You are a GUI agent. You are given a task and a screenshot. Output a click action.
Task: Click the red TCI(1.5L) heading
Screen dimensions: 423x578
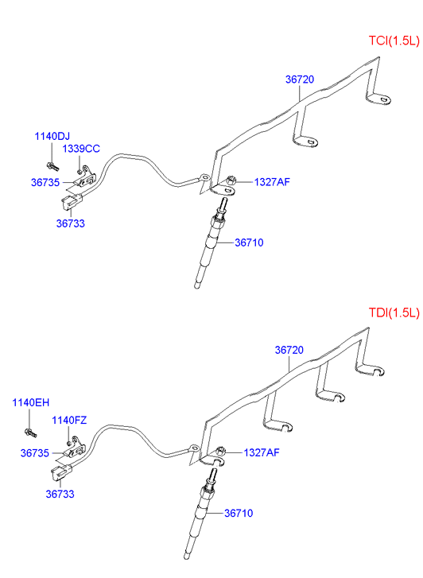pos(394,41)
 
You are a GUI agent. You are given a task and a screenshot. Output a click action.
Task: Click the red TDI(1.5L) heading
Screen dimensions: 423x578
pos(394,312)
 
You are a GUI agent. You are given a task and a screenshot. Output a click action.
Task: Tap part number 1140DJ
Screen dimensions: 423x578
pos(52,137)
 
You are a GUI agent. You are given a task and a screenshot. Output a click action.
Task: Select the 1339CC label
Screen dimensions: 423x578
pos(81,149)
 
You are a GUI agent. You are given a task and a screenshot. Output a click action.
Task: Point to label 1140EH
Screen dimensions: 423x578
pos(30,402)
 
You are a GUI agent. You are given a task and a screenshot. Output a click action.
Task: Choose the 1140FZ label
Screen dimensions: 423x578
pos(69,421)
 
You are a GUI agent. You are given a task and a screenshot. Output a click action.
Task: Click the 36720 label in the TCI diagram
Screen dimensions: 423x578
pos(300,80)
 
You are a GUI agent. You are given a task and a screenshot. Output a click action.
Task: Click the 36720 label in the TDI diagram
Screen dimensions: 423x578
pos(289,350)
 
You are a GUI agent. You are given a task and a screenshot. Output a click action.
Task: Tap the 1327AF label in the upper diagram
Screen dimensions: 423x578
pos(272,182)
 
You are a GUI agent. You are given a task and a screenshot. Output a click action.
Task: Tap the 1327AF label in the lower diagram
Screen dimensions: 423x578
pos(262,452)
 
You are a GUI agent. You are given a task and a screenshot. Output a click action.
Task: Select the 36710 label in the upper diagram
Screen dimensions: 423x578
pos(250,242)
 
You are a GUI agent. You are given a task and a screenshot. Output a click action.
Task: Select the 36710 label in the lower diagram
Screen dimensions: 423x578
pos(239,513)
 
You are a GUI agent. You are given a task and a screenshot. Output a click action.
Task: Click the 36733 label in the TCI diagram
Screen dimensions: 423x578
pos(71,223)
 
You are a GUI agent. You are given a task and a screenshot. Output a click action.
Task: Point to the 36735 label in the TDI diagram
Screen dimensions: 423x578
pos(35,453)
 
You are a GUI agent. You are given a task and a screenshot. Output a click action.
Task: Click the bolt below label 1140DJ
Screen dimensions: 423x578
pos(52,166)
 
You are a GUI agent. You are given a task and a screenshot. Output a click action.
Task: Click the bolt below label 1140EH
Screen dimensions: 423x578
pos(30,433)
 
